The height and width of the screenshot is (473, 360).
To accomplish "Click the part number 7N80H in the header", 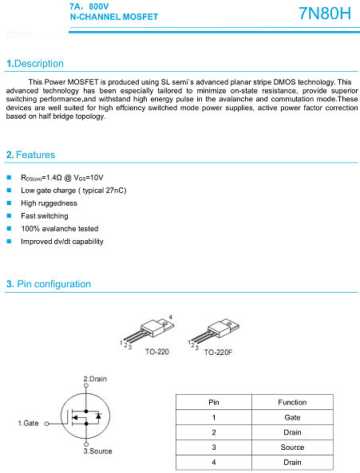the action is [325, 14].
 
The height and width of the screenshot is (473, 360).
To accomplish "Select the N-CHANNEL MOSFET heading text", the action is [114, 17].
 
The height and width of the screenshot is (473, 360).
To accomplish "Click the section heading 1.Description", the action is [35, 64].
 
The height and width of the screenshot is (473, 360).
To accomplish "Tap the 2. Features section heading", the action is [31, 155].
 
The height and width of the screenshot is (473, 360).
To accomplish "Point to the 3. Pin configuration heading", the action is [49, 284].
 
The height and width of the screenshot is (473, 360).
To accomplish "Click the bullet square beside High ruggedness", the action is [9, 203].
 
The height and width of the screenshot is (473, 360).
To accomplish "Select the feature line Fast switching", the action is [45, 216].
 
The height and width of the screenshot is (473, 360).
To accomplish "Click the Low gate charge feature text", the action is [73, 191].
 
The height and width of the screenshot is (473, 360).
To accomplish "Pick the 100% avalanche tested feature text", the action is [60, 229].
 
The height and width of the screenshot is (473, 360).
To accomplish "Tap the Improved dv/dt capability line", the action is [62, 242].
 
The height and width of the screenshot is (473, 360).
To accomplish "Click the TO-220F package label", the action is [218, 353].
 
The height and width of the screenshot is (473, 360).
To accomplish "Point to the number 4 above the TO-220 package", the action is [171, 317].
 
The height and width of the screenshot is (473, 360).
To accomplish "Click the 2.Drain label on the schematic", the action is [95, 379].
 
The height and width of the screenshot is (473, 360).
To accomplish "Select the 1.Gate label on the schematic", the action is [29, 424].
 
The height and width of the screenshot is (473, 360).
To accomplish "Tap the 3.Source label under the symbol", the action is [97, 451].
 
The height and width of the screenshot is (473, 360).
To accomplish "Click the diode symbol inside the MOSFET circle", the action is [98, 416].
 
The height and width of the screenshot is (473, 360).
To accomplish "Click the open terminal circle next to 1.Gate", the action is [47, 424].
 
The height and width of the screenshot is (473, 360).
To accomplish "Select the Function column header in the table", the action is [292, 403].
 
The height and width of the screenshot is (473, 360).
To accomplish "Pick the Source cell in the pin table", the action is [292, 447].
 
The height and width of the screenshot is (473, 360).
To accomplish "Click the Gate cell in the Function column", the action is [292, 417].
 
